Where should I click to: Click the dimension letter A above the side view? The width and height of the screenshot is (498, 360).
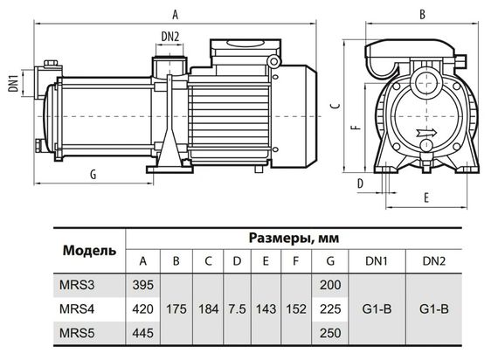(176, 14)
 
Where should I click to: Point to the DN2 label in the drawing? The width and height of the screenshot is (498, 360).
(171, 36)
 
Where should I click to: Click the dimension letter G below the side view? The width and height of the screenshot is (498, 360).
(93, 175)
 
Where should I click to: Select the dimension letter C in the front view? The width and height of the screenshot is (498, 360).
(335, 107)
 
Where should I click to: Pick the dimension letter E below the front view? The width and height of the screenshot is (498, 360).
(425, 197)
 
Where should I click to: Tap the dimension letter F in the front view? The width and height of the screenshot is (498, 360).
(352, 129)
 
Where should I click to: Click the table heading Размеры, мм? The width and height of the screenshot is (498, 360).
(294, 237)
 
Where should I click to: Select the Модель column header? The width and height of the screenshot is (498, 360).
(88, 250)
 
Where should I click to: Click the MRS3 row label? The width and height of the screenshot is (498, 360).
(77, 285)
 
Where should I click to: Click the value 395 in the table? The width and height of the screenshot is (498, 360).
(142, 285)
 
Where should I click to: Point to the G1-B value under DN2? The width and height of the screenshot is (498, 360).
(433, 308)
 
